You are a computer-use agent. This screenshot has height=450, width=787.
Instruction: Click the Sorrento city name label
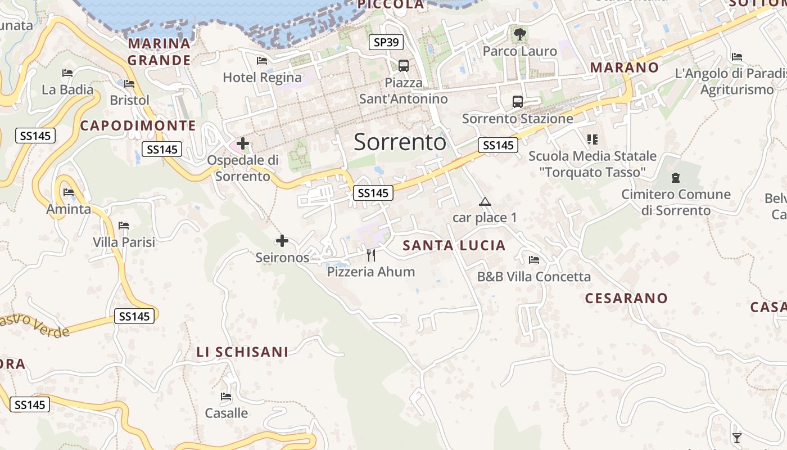click(x=400, y=142)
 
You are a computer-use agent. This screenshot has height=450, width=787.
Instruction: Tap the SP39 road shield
click(x=386, y=42)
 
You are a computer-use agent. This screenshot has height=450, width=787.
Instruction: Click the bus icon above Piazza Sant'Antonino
click(x=404, y=65)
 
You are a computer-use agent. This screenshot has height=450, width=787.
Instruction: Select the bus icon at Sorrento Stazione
click(x=518, y=102)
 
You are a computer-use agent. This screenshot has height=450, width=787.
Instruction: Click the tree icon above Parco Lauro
click(x=520, y=34)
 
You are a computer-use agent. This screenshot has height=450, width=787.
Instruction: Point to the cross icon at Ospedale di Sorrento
click(x=243, y=144)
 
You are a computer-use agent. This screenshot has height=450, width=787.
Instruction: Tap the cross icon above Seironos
click(x=282, y=241)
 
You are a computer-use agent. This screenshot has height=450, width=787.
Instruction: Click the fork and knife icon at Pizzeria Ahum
click(x=371, y=255)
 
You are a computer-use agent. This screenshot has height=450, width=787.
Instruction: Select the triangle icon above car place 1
click(x=485, y=201)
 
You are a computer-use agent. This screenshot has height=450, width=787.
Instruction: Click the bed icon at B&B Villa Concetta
click(x=534, y=260)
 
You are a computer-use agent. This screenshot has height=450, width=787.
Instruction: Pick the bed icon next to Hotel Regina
click(x=262, y=61)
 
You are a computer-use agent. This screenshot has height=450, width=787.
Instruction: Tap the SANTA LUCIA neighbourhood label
click(x=454, y=245)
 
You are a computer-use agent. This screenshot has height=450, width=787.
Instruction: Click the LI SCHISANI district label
click(x=242, y=352)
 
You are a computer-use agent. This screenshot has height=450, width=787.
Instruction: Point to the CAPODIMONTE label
click(x=138, y=125)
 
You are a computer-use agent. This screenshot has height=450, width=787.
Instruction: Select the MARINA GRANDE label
click(x=159, y=52)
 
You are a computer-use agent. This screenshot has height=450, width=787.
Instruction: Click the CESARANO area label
click(x=626, y=298)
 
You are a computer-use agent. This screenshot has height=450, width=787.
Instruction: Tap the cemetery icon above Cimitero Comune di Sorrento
click(x=676, y=178)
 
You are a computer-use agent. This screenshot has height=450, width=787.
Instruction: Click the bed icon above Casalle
click(x=226, y=397)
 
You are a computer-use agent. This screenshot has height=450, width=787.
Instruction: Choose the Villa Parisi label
click(x=124, y=242)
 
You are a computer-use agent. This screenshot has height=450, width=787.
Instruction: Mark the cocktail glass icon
click(x=737, y=438)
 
